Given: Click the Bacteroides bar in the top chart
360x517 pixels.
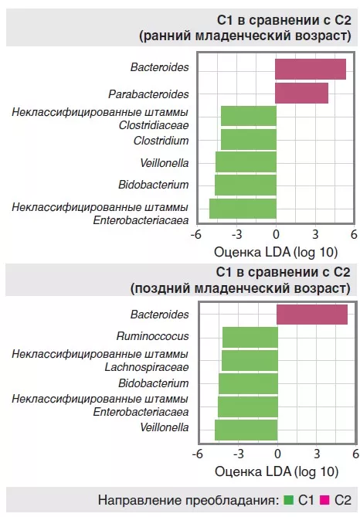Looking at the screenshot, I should coord(311,69).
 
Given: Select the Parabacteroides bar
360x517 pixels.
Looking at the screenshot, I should coord(301,93).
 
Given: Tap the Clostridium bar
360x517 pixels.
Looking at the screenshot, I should coord(248,140).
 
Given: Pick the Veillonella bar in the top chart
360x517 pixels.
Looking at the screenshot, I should coord(246,162).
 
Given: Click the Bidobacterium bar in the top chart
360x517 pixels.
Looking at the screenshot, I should coord(245,185).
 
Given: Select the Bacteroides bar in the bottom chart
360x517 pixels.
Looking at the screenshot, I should coord(312,315).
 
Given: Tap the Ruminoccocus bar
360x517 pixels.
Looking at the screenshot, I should coord(250,338).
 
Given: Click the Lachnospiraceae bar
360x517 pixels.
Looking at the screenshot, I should coord(249,361).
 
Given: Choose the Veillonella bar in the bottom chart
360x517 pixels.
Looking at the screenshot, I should coord(246,430).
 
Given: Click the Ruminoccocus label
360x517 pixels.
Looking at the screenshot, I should coord(152,337).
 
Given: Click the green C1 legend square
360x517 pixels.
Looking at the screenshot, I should coord(290,501).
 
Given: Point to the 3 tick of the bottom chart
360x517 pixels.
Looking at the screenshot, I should coord(317,454).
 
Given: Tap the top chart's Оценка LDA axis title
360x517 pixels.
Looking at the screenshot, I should coord(275,251).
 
